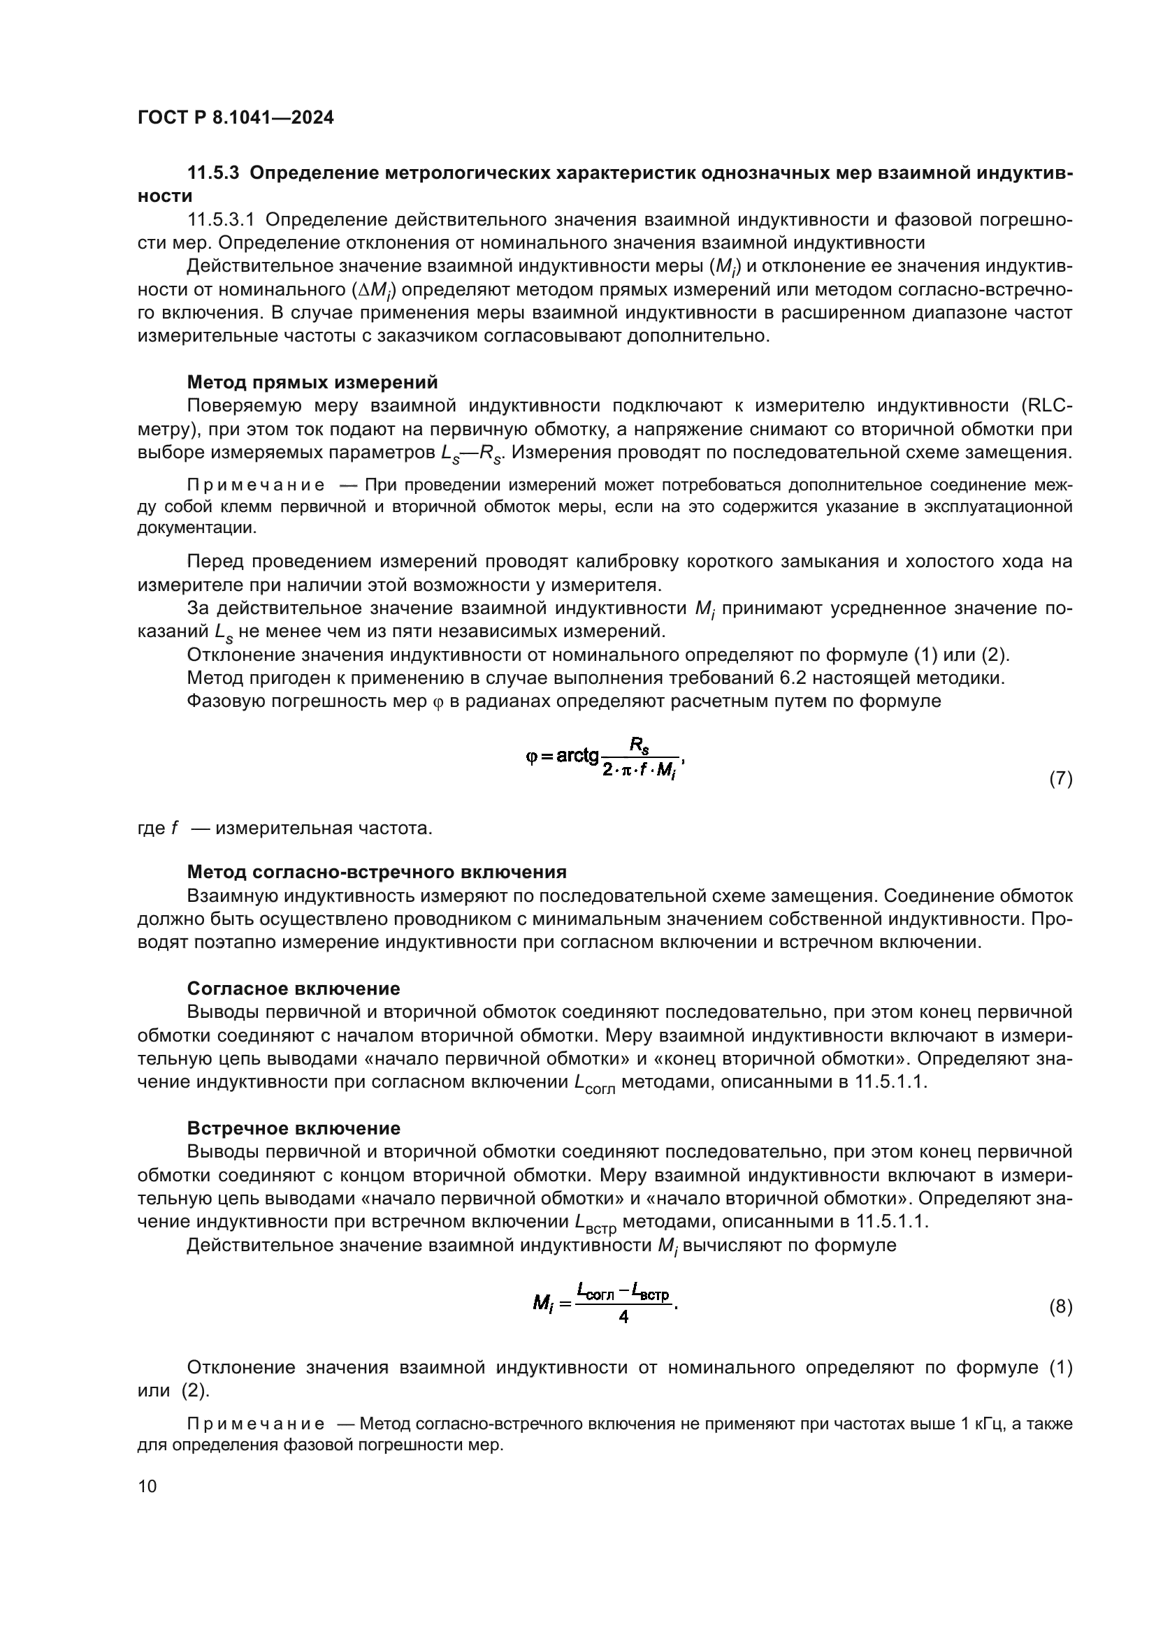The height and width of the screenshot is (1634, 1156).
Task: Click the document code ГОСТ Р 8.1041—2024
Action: (235, 118)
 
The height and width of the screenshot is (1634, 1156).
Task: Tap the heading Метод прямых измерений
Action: (312, 383)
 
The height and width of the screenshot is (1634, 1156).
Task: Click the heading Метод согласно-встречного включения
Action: (377, 872)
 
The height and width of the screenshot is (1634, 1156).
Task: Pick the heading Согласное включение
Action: (294, 989)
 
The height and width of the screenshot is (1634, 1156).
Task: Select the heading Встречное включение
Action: (294, 1128)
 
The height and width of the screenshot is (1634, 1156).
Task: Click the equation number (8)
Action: (1061, 1306)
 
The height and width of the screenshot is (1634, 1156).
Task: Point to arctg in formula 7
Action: (577, 756)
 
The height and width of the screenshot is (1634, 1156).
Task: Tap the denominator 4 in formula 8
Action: (623, 1318)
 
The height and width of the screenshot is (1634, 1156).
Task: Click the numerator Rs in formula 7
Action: (639, 745)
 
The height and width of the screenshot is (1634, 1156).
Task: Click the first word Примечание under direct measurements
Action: (256, 486)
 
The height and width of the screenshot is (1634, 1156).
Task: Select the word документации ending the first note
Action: (196, 528)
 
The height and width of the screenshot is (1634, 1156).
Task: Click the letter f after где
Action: (174, 829)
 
